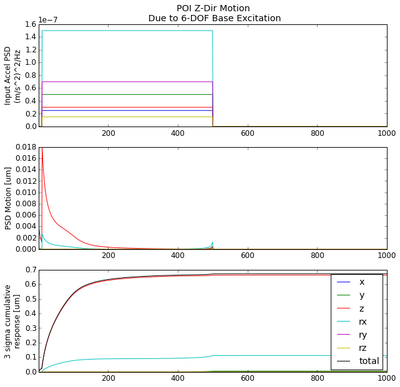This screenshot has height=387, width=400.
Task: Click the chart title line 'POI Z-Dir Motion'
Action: [213, 8]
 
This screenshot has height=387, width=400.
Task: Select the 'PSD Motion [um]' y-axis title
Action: [9, 198]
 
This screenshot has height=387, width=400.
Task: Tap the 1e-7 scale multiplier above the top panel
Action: [49, 19]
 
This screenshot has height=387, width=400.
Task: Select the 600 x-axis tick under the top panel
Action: [248, 133]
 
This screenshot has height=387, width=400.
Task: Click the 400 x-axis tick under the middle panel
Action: [178, 256]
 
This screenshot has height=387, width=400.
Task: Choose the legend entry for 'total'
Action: [369, 361]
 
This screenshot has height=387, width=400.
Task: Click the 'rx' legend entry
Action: [363, 322]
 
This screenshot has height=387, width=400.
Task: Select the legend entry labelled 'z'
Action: [361, 308]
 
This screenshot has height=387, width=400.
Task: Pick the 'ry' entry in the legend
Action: [363, 335]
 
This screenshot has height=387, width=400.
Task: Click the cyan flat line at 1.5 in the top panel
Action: [125, 31]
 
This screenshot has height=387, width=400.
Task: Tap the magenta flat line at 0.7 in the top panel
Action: [125, 82]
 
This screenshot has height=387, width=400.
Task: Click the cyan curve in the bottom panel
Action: [156, 358]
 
